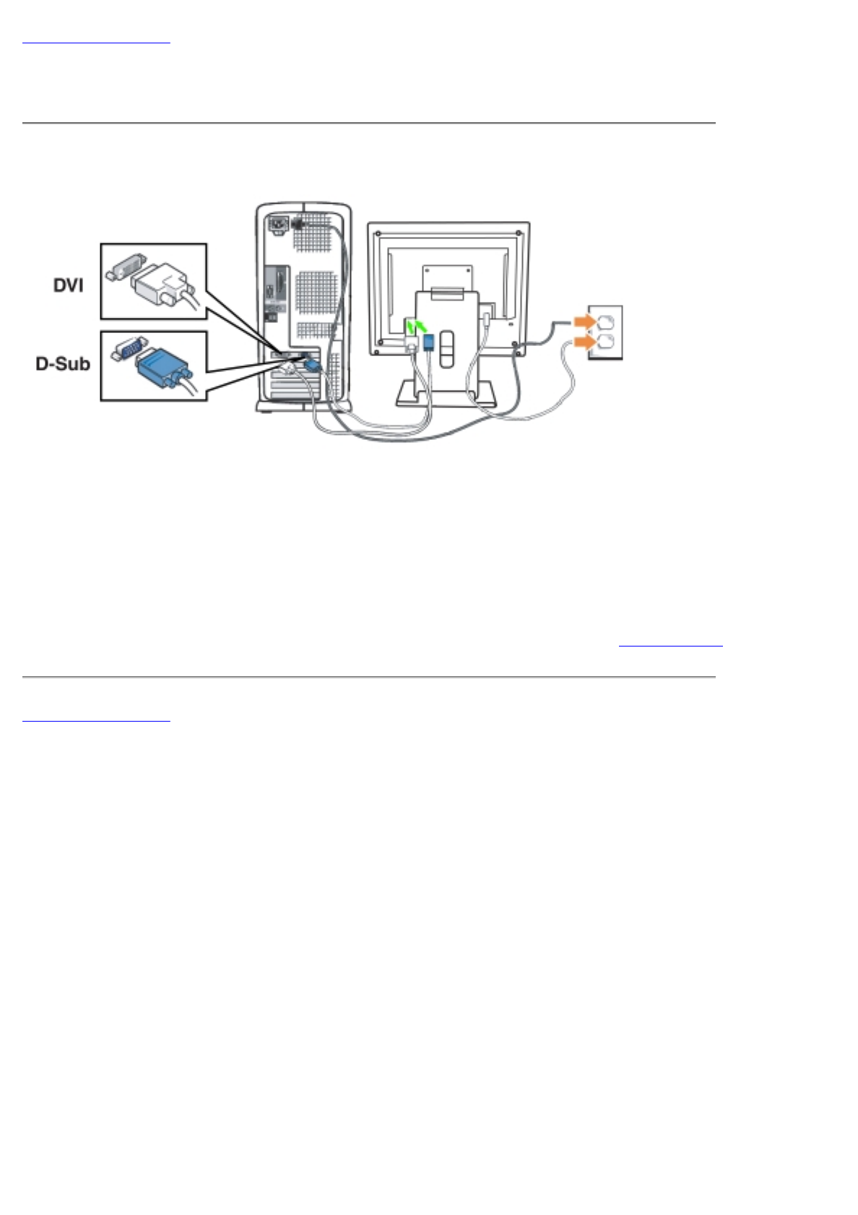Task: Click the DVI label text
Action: tap(68, 285)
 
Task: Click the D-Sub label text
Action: tap(63, 363)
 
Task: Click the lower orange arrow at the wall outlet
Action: tap(584, 341)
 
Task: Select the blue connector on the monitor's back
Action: tap(429, 341)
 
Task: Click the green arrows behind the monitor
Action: tap(415, 327)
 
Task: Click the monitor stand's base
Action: tap(446, 394)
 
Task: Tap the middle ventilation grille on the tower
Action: tap(315, 293)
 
